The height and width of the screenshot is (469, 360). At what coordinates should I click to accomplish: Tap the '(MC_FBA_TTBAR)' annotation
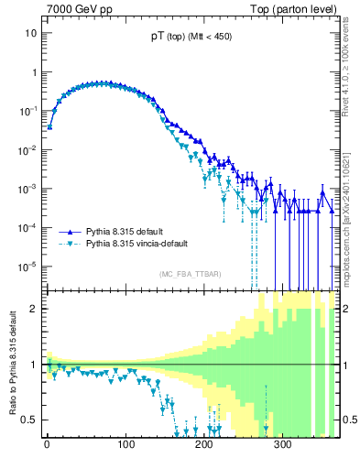[190, 274]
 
